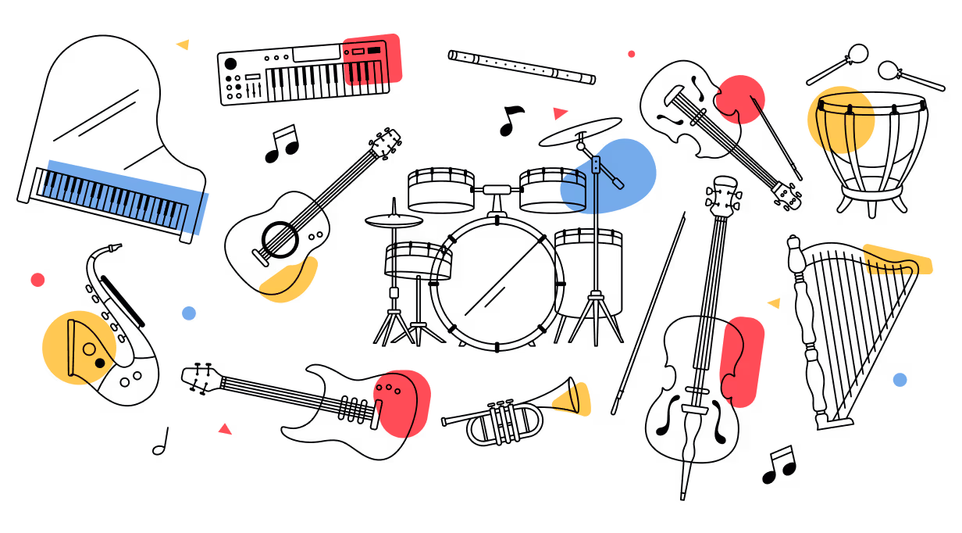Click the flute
[x=522, y=67]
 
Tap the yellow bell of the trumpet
[x=576, y=398]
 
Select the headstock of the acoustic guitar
[x=387, y=143]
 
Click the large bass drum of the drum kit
[x=497, y=282]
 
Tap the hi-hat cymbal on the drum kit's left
[x=394, y=221]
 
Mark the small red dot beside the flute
[x=631, y=54]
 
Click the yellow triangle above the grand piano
[x=183, y=45]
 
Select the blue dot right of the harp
[x=900, y=380]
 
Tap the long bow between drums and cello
[x=648, y=313]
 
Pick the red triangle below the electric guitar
[x=226, y=429]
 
